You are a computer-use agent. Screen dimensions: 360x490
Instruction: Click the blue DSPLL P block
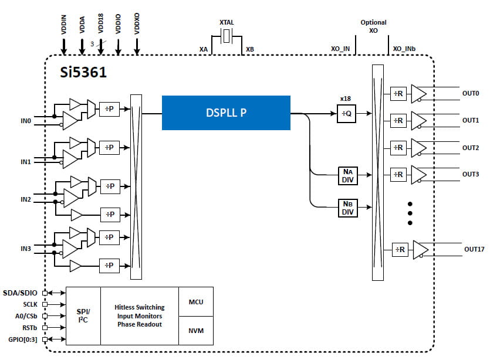click(226, 113)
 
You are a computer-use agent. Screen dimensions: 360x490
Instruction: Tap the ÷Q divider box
click(346, 114)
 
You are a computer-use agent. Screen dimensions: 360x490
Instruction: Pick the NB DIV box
click(347, 208)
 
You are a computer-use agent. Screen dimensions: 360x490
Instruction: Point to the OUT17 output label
click(474, 249)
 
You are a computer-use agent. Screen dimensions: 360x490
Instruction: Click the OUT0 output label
click(471, 93)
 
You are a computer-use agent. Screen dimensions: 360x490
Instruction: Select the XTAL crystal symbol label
click(227, 22)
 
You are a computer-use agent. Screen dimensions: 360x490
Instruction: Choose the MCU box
click(196, 302)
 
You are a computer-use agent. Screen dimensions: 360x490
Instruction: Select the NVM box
click(196, 331)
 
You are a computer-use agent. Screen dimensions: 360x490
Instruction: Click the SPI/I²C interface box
click(83, 316)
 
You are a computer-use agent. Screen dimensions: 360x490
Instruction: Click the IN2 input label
click(26, 199)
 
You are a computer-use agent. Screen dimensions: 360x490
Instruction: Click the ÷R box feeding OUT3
click(399, 174)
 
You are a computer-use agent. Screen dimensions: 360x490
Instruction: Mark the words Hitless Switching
click(140, 307)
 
